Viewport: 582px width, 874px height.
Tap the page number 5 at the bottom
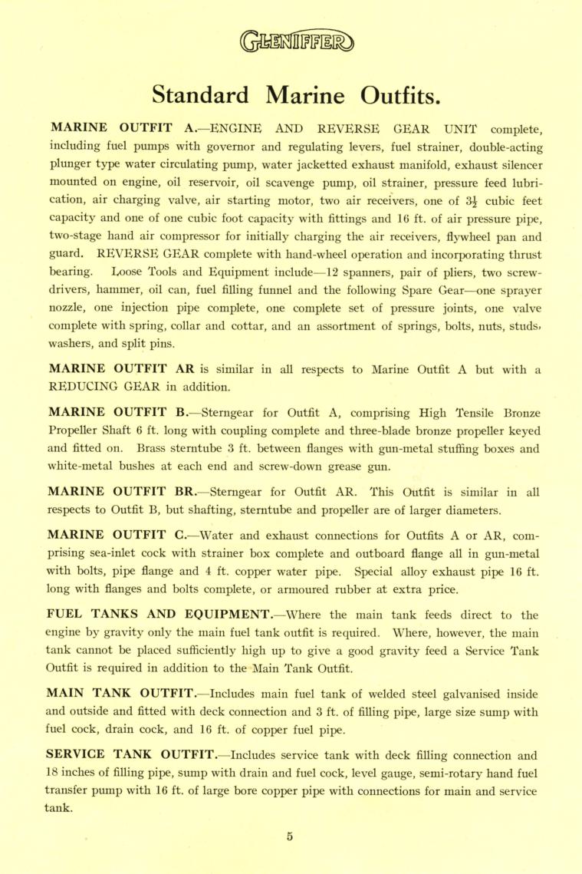coord(291,837)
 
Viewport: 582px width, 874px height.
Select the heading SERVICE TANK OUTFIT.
coord(134,754)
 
